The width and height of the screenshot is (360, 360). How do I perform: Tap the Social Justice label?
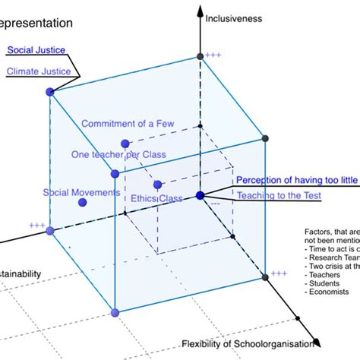36,50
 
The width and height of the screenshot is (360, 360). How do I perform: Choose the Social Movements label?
81,192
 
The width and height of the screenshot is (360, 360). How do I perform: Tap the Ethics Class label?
156,198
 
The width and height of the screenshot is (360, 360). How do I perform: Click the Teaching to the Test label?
279,196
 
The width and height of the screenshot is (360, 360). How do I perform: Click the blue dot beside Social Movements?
83,203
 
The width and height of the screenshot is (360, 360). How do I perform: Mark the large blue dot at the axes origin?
201,195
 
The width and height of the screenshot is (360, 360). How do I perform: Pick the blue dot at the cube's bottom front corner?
115,312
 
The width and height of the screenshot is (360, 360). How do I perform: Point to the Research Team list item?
327,257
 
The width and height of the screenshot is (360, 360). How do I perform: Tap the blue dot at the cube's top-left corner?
51,92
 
